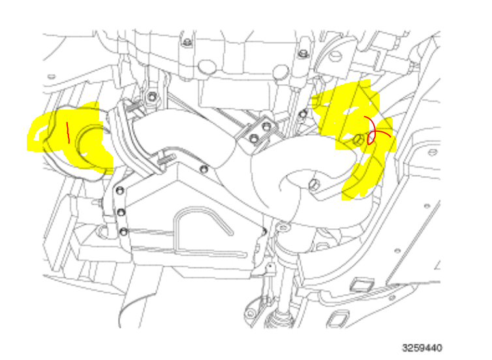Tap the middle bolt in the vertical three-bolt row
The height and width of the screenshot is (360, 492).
pos(121,211)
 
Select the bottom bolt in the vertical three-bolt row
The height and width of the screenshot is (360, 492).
pos(123,231)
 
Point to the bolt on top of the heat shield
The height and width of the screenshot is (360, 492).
pos(204,170)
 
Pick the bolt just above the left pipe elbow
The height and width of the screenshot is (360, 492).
pos(152,98)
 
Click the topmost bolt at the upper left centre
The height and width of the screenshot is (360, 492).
pos(187,42)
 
